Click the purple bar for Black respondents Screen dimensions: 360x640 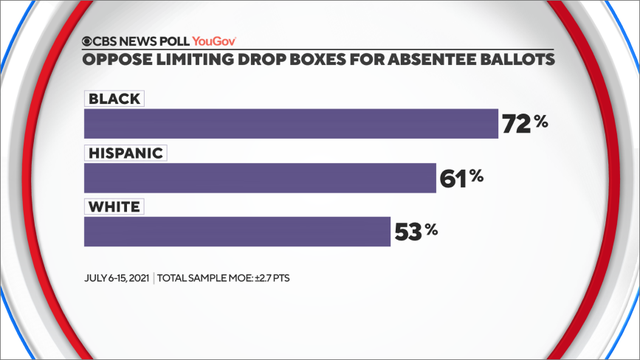coord(290,123)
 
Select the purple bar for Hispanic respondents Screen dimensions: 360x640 coord(260,177)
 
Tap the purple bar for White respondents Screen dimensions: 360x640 coord(236,231)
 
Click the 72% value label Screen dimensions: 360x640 coord(524,124)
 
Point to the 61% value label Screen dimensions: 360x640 coord(462,178)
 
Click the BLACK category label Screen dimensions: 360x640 coord(115,99)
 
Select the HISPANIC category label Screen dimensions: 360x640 coord(125,153)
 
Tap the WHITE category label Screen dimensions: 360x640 coord(114,207)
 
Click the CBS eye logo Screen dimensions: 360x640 coord(90,43)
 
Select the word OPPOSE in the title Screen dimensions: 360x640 coord(117,60)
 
